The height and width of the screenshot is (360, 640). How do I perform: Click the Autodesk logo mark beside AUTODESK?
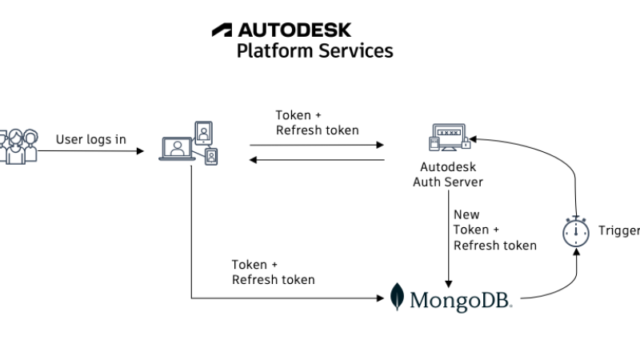pos(222,30)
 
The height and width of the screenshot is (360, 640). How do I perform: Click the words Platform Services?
pos(314,50)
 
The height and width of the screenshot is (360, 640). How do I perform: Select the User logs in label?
pos(90,139)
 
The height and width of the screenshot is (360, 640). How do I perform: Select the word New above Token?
pos(466,214)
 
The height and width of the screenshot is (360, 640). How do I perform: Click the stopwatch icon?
pos(575,231)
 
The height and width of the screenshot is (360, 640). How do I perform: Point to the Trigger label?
pos(619,231)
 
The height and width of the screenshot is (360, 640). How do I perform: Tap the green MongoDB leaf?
pos(398,297)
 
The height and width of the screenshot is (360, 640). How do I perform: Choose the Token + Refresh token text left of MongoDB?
pos(273,272)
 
